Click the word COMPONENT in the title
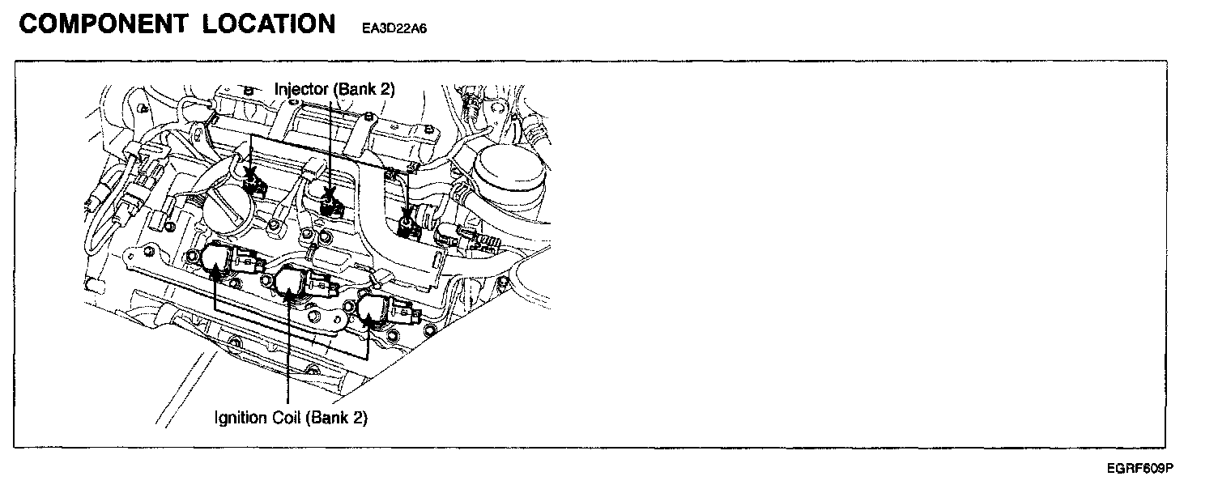click(x=102, y=24)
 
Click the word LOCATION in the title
click(x=269, y=24)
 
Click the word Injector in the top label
click(x=301, y=89)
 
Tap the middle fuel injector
click(x=330, y=200)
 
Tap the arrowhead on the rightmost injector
click(x=407, y=217)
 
